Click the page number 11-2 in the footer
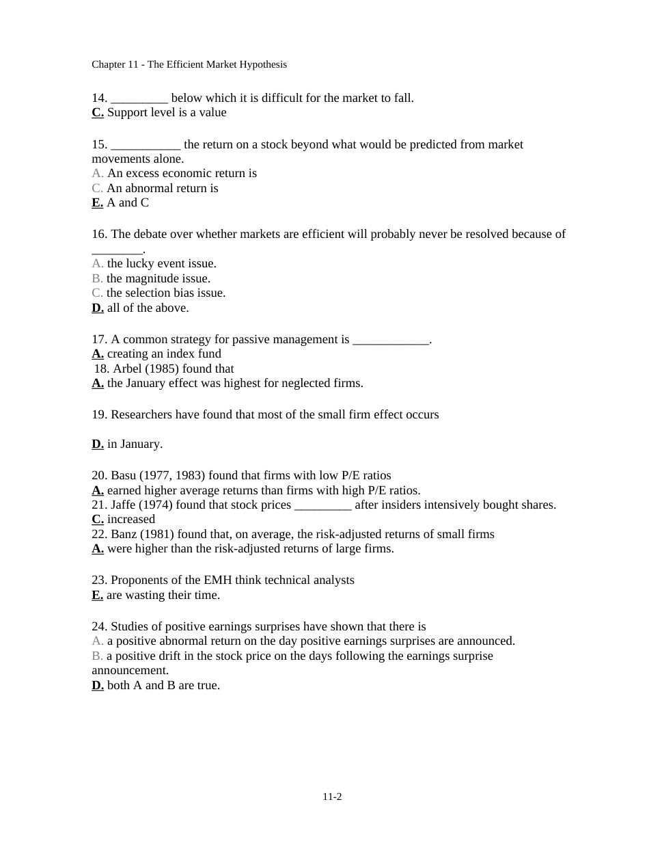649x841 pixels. (x=332, y=797)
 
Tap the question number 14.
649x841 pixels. (x=99, y=98)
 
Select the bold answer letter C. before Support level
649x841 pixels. (x=98, y=112)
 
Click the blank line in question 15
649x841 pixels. (x=146, y=145)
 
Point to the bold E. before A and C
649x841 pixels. (x=98, y=202)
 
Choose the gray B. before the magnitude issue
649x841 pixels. (x=97, y=278)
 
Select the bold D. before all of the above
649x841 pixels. (x=98, y=308)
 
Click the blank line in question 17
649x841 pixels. (x=391, y=340)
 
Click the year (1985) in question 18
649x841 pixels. (x=161, y=369)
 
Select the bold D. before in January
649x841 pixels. (x=98, y=444)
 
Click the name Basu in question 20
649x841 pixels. (x=124, y=475)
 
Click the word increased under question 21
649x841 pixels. (x=131, y=519)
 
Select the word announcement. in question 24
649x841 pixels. (x=130, y=670)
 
